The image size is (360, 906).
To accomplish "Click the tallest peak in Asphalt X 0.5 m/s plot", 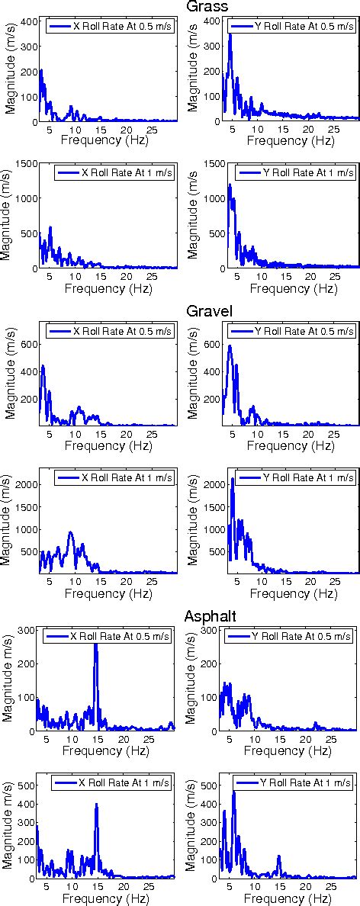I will pyautogui.click(x=95, y=645).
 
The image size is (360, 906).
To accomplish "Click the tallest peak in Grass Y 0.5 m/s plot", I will pyautogui.click(x=230, y=35).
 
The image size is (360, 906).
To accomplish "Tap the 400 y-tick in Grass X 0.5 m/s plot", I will pyautogui.click(x=25, y=21).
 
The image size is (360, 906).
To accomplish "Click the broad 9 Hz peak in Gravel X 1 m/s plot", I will pyautogui.click(x=70, y=533).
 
